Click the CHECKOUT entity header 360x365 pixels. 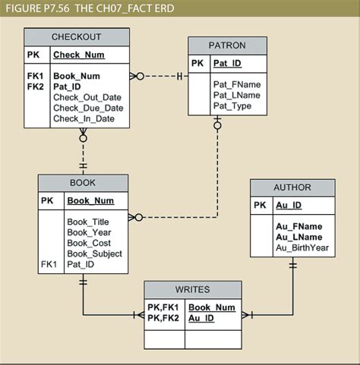tap(77, 36)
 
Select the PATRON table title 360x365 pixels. tap(227, 46)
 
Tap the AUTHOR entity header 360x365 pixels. tap(292, 187)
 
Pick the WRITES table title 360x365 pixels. tap(192, 290)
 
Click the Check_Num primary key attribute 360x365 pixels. tap(79, 55)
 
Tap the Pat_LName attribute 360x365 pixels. tap(237, 95)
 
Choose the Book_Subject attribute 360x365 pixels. tap(94, 253)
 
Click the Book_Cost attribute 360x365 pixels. tap(89, 243)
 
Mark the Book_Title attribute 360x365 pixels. tap(89, 222)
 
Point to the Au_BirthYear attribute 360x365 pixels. tap(302, 247)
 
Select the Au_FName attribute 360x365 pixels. tap(298, 226)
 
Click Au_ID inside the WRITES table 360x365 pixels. tap(201, 318)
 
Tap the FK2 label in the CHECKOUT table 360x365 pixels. tap(35, 87)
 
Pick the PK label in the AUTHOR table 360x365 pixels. tap(260, 206)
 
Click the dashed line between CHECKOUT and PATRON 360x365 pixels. tap(159, 77)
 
